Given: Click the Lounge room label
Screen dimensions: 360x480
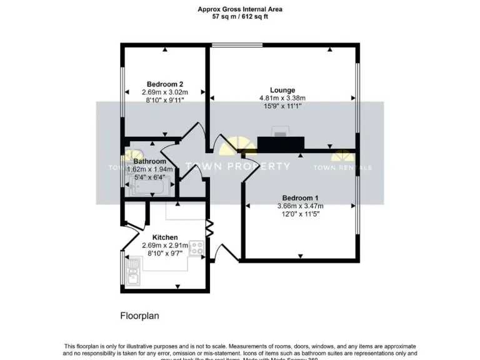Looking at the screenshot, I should click(282, 90).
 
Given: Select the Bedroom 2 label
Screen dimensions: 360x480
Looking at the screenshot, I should click(164, 84).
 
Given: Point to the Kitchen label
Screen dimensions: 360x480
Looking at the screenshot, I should click(164, 237).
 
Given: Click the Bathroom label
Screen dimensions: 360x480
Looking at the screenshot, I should click(149, 161).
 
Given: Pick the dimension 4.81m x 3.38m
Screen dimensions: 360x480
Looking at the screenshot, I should click(282, 98).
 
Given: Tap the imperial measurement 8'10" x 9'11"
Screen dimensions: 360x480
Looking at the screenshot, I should click(164, 101).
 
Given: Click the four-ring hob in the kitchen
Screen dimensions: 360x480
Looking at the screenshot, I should click(197, 247).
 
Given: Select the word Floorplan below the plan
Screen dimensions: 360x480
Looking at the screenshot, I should click(139, 316).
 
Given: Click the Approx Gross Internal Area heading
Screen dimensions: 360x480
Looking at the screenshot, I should click(239, 9).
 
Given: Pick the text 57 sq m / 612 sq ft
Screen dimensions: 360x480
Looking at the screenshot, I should click(239, 17).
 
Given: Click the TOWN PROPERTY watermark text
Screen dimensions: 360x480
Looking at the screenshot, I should click(237, 166).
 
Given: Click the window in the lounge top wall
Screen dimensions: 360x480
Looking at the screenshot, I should click(237, 45).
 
